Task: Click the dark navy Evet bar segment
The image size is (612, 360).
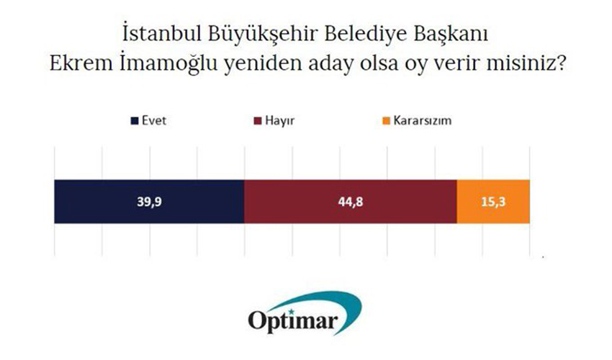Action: (x=149, y=202)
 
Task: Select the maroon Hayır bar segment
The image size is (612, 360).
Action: (x=351, y=202)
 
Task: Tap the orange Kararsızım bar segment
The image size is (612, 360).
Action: (x=493, y=202)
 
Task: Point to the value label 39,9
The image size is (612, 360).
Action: (x=149, y=202)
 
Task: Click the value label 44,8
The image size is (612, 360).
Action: (x=351, y=202)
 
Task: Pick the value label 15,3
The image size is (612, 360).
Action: (x=493, y=202)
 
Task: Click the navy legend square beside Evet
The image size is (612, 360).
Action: (x=135, y=121)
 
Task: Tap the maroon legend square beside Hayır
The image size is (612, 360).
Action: (x=258, y=121)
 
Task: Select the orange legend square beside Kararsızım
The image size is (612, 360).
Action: (x=386, y=121)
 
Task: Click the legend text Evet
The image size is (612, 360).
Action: (x=154, y=121)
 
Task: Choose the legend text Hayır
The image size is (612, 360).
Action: (x=280, y=121)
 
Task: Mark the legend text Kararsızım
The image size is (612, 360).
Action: (x=423, y=121)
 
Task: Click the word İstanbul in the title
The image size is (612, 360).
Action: (x=162, y=34)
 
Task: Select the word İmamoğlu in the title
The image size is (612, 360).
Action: (x=168, y=63)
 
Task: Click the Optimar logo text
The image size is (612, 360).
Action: (x=293, y=321)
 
